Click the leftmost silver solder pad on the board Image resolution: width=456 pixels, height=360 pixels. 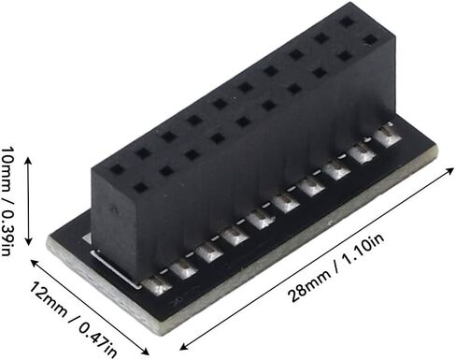pos(160,283)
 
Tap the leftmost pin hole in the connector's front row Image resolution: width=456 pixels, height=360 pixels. pos(141,188)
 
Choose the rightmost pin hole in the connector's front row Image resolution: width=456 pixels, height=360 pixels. pos(370,41)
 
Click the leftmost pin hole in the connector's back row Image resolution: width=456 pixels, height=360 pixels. pos(116,171)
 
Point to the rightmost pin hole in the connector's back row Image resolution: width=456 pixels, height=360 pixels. pos(347,21)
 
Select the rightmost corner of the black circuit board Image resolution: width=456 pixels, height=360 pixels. pos(436,150)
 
